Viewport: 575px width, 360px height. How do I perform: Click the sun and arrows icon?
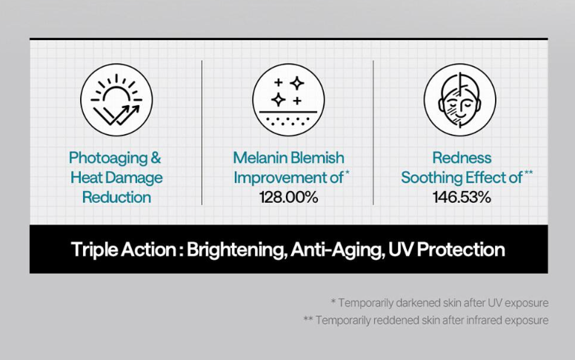(x=116, y=100)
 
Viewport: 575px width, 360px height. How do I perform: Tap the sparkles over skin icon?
(x=288, y=100)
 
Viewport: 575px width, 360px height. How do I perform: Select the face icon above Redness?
(x=460, y=100)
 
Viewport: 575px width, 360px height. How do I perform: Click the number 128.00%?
(x=288, y=197)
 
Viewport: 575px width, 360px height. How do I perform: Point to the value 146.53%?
(x=462, y=197)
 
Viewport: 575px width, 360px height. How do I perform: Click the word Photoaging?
(x=108, y=159)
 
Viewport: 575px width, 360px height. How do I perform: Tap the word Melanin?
(x=260, y=158)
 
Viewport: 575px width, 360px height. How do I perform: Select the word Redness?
(x=462, y=158)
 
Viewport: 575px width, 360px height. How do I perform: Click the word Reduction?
(x=116, y=197)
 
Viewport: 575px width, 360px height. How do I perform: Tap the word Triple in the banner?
(x=94, y=250)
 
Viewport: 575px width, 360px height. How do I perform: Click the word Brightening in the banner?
(x=236, y=250)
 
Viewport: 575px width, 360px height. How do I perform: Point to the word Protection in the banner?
(x=461, y=250)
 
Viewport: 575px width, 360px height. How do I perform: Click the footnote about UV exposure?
(x=439, y=303)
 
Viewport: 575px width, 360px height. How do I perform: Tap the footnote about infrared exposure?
(x=426, y=320)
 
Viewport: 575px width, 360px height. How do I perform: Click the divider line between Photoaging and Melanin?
(x=202, y=133)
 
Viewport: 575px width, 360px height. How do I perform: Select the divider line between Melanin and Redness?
(x=373, y=133)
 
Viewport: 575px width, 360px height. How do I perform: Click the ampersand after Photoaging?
(x=156, y=158)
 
